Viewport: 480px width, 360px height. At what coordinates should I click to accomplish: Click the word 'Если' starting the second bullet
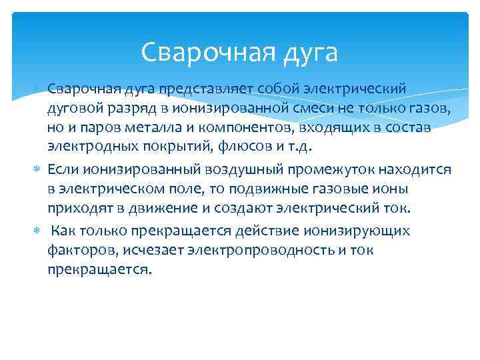62,170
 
